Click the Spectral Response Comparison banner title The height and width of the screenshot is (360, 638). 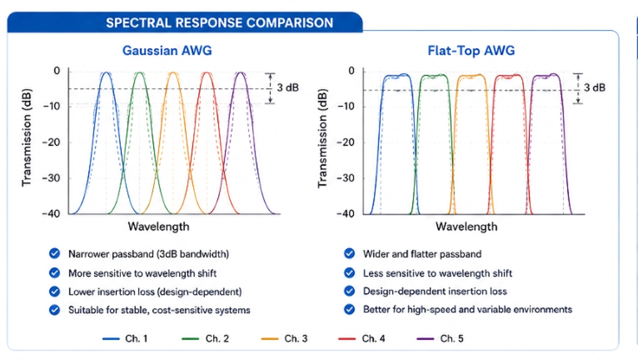(x=219, y=23)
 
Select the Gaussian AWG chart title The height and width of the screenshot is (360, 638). (x=167, y=50)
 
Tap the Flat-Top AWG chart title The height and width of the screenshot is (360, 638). (x=471, y=50)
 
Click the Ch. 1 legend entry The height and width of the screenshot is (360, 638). (x=125, y=338)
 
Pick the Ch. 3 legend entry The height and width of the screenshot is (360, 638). (x=284, y=338)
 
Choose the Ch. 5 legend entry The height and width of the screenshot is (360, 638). (x=440, y=338)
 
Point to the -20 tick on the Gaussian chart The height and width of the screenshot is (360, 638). (x=51, y=143)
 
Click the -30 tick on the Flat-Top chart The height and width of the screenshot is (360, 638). (x=346, y=178)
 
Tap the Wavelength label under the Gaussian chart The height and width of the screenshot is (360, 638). (x=159, y=227)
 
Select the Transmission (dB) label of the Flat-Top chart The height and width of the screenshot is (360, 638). (x=322, y=138)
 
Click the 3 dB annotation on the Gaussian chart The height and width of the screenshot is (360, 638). (x=288, y=87)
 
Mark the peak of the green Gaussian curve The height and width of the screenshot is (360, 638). (x=140, y=72)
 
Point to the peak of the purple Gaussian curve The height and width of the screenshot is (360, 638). (x=241, y=72)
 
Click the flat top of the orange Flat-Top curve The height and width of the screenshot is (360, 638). (x=471, y=76)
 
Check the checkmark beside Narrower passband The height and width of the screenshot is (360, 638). (x=55, y=253)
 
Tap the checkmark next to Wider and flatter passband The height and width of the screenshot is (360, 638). (x=349, y=253)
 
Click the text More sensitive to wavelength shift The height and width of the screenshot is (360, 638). (x=143, y=273)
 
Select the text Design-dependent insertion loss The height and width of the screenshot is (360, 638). (x=435, y=291)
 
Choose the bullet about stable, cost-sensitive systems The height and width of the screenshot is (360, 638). (x=159, y=310)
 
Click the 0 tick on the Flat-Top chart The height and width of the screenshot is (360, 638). (x=351, y=71)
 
